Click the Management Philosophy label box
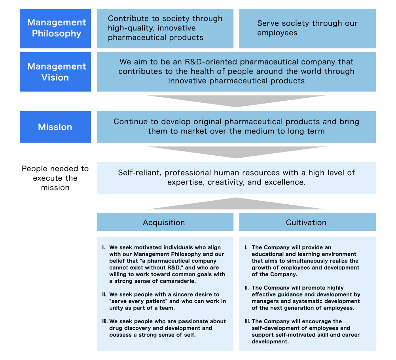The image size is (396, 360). click(55, 28)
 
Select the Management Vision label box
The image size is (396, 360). click(55, 72)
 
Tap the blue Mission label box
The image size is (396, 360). click(55, 127)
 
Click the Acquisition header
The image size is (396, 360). click(164, 222)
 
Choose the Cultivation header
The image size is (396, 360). click(306, 222)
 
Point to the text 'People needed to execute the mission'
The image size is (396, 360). click(55, 178)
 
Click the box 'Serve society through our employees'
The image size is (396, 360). click(307, 28)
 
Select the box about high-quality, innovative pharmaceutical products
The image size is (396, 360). click(165, 28)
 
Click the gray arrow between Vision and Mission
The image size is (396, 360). click(236, 101)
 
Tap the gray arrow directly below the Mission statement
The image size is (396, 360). click(236, 152)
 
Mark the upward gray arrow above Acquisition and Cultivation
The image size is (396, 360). click(236, 204)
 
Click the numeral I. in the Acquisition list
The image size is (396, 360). click(104, 248)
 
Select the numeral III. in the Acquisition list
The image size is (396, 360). click(105, 322)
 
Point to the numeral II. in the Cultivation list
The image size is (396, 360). click(247, 288)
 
